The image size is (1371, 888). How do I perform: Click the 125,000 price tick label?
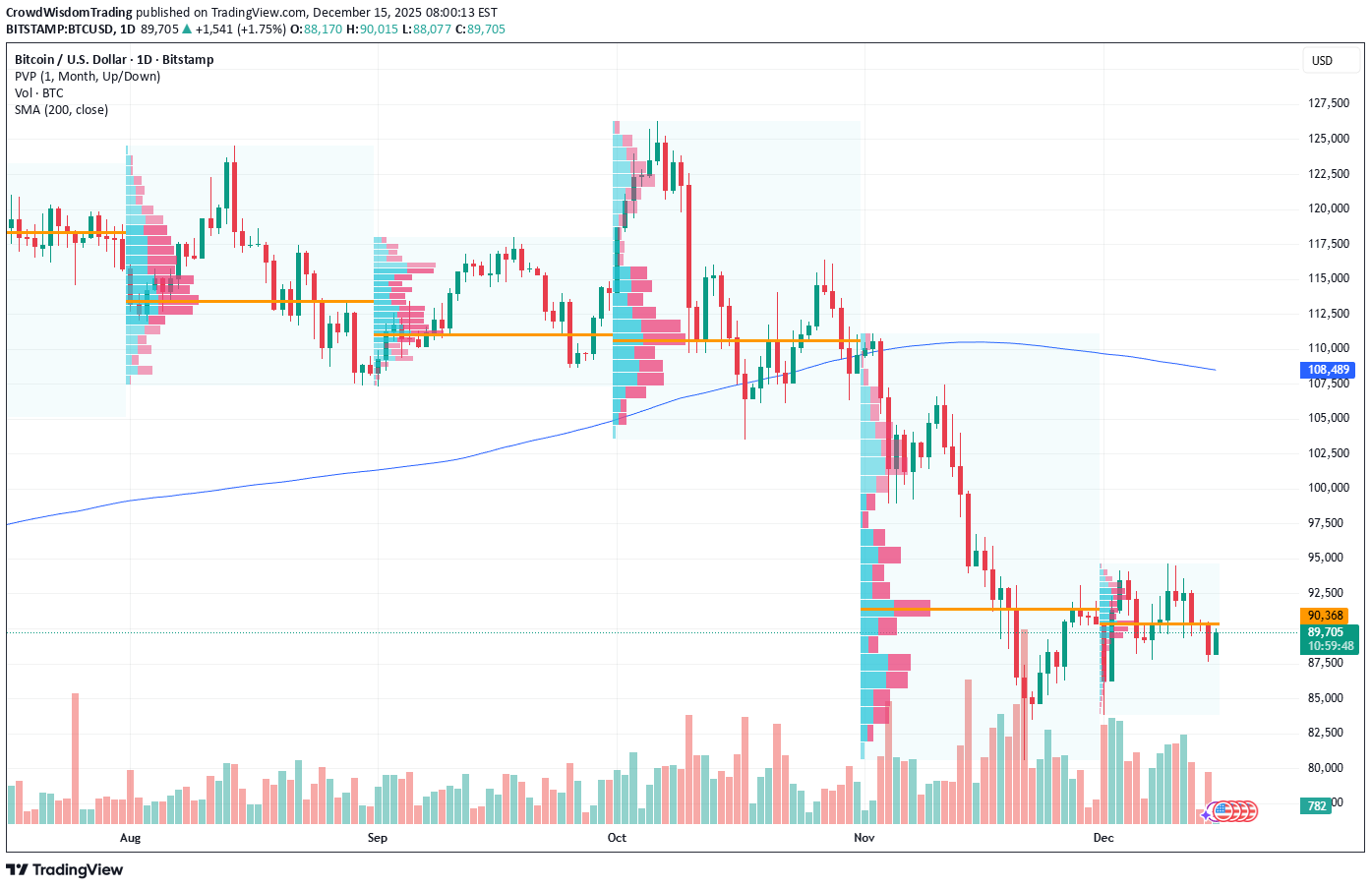click(1328, 139)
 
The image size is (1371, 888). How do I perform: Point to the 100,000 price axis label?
click(1328, 488)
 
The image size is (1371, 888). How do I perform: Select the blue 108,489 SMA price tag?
click(1328, 370)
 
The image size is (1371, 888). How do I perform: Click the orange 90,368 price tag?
click(1326, 616)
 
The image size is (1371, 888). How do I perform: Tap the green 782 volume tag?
click(1317, 806)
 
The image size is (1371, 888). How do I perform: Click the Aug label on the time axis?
click(130, 838)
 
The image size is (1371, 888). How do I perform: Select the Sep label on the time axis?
click(377, 838)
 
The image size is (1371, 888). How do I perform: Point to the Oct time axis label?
click(617, 838)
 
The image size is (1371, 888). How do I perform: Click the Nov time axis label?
click(864, 838)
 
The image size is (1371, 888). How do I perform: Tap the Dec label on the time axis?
click(1103, 838)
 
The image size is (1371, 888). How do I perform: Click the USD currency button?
click(1322, 61)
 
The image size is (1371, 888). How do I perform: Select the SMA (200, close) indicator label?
click(61, 110)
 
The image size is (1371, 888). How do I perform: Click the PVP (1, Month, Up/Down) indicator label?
click(88, 77)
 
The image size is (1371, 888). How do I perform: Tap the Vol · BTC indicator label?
click(39, 93)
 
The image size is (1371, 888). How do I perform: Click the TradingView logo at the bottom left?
click(65, 869)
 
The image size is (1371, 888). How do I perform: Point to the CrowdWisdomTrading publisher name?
click(69, 13)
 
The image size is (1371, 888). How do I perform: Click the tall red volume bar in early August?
click(76, 757)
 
